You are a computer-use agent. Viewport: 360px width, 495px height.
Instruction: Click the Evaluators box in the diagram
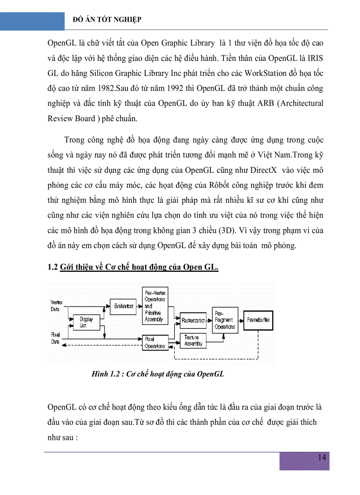point(123,306)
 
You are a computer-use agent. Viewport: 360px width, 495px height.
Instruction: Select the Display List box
point(83,322)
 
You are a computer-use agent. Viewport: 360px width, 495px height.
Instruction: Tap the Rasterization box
point(193,320)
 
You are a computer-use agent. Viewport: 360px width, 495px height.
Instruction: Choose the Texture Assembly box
point(193,340)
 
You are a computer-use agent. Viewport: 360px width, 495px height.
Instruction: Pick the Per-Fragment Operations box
point(225,320)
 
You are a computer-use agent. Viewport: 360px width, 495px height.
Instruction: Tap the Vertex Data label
point(56,305)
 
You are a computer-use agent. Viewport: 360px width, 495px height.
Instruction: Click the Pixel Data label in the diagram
point(55,338)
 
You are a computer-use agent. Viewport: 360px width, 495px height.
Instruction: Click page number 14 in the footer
point(322,457)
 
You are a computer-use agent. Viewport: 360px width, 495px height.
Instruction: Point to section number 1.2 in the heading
point(52,267)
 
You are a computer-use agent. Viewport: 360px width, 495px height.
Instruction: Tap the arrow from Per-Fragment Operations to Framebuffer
point(241,320)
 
